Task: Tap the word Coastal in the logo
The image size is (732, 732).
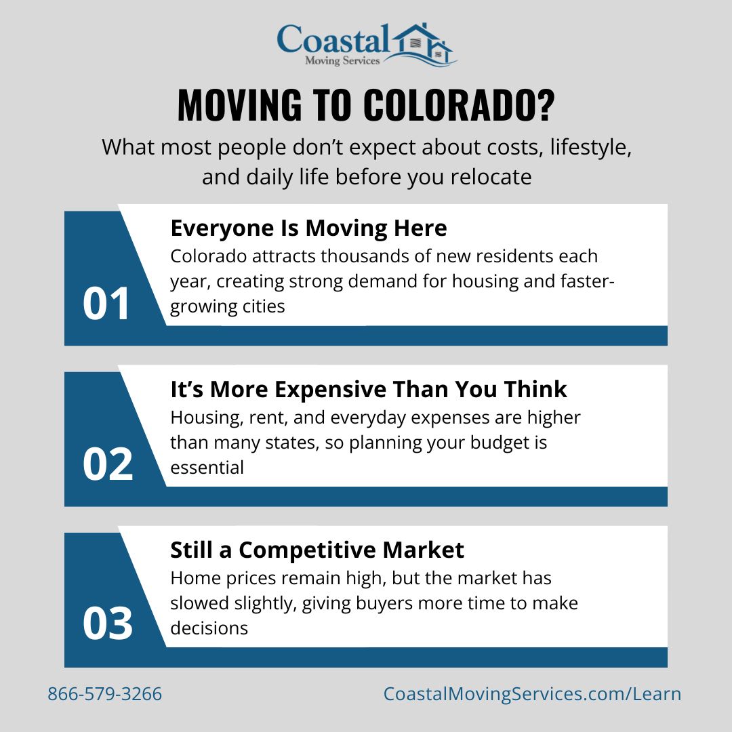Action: coord(333,39)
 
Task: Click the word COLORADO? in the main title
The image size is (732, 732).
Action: coord(459,105)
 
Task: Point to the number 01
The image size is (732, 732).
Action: coord(106,304)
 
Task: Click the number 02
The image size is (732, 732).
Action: coord(107,465)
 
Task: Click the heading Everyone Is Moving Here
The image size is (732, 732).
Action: coord(308,228)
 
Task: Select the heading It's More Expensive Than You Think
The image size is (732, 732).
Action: coord(369,389)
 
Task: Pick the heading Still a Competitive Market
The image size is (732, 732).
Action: coord(317,550)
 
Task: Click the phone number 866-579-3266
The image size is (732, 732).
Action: coord(104,694)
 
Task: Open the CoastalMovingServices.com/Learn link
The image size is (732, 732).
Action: coord(532,694)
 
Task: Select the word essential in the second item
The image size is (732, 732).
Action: coord(207,468)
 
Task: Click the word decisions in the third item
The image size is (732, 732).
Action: coord(209,628)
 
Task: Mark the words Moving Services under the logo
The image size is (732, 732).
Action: coord(342,61)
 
